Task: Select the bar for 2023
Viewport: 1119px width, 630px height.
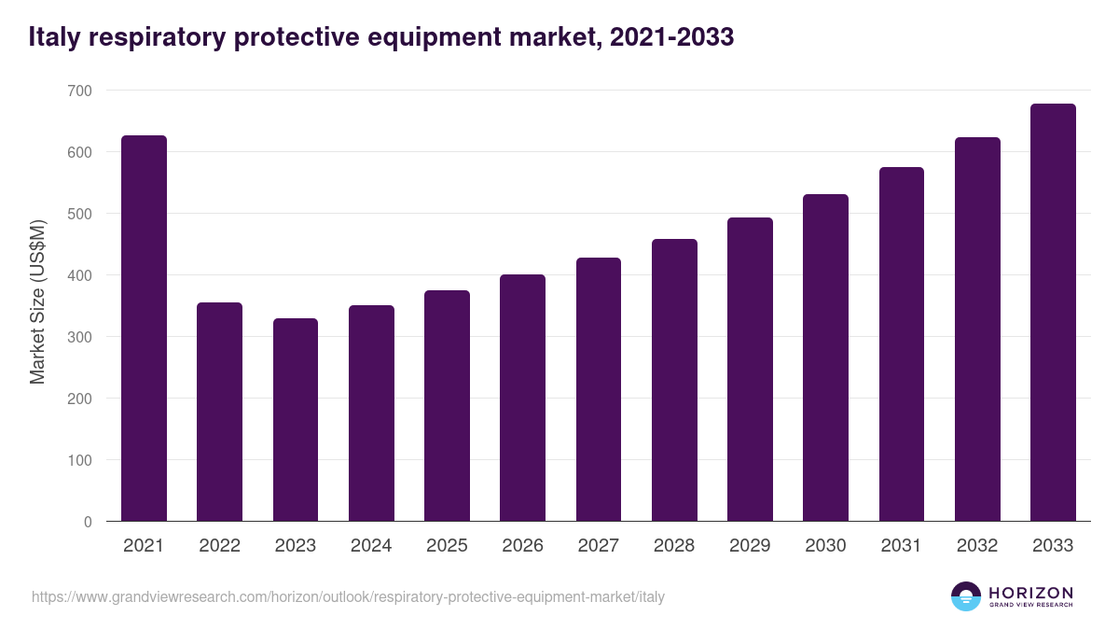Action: (296, 420)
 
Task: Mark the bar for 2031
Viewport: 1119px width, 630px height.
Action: (901, 344)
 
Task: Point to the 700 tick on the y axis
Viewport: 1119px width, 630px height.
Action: (81, 91)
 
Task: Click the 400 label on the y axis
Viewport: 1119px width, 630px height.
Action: (81, 275)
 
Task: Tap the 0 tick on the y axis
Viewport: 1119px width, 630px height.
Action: (88, 522)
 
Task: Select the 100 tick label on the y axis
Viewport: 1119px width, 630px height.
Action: (81, 460)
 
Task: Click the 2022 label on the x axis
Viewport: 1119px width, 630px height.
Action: (219, 546)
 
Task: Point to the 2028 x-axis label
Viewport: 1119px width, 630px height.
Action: (674, 546)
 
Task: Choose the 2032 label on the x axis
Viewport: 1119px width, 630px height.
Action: (977, 546)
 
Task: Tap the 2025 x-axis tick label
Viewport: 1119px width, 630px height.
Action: (447, 546)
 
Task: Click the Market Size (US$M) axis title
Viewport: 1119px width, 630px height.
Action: (37, 301)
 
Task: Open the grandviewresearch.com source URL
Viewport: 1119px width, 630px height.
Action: (348, 596)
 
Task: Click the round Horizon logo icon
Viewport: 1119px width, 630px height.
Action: (966, 596)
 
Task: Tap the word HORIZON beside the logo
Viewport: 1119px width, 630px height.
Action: (1030, 592)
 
